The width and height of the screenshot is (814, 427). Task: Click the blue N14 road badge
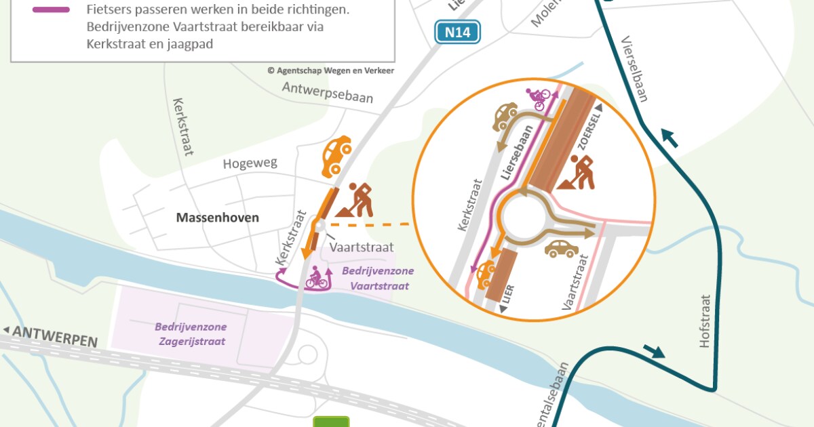(x=457, y=32)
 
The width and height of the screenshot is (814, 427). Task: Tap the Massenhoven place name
(x=218, y=218)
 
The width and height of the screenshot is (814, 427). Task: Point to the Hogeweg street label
(x=250, y=164)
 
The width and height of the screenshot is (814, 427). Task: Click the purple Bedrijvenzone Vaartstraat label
(x=379, y=279)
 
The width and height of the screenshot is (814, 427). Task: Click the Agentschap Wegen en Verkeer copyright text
(x=330, y=70)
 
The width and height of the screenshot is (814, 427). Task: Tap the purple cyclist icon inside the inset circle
(x=539, y=99)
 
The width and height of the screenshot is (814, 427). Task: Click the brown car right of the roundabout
(x=562, y=249)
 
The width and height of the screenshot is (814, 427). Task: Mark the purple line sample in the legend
(x=50, y=9)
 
